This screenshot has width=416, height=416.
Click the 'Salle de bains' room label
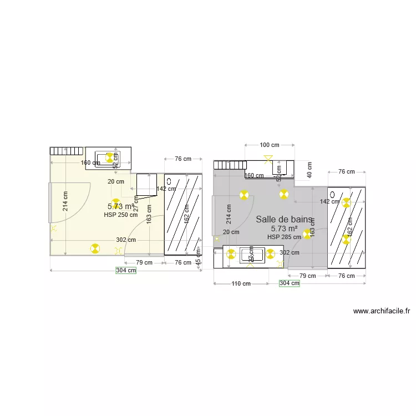283,220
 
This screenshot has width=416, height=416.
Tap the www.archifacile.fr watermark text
381,312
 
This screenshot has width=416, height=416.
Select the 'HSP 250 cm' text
120,215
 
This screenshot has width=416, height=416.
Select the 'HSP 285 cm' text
284,237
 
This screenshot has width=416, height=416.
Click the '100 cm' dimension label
270,145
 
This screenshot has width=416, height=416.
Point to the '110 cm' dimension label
240,283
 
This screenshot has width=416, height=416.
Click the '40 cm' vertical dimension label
309,169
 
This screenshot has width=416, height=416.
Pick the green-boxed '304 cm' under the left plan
125,271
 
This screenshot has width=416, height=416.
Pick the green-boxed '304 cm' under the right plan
289,283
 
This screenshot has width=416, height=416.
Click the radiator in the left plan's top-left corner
67,151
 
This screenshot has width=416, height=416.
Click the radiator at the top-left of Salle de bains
230,165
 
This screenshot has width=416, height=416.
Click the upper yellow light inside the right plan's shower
347,203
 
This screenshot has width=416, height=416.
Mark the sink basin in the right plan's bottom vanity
251,255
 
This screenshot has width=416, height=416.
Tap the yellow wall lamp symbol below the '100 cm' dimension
269,160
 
